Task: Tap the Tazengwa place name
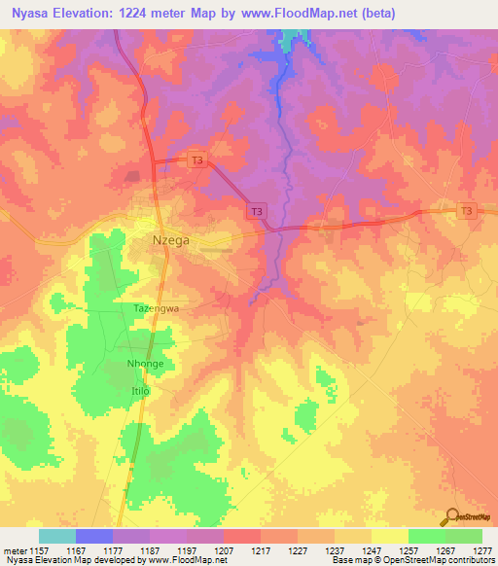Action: point(157,307)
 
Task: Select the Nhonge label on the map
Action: point(145,364)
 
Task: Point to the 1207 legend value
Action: point(224,550)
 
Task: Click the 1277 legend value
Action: point(482,550)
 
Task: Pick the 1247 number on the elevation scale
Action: point(372,550)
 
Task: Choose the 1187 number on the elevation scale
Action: point(150,550)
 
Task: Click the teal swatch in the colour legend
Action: point(57,536)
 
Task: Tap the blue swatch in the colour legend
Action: point(94,536)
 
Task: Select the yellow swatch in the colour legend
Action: point(390,536)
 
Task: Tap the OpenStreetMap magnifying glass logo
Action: point(450,514)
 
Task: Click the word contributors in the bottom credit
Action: point(472,560)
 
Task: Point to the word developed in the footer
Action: point(116,560)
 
